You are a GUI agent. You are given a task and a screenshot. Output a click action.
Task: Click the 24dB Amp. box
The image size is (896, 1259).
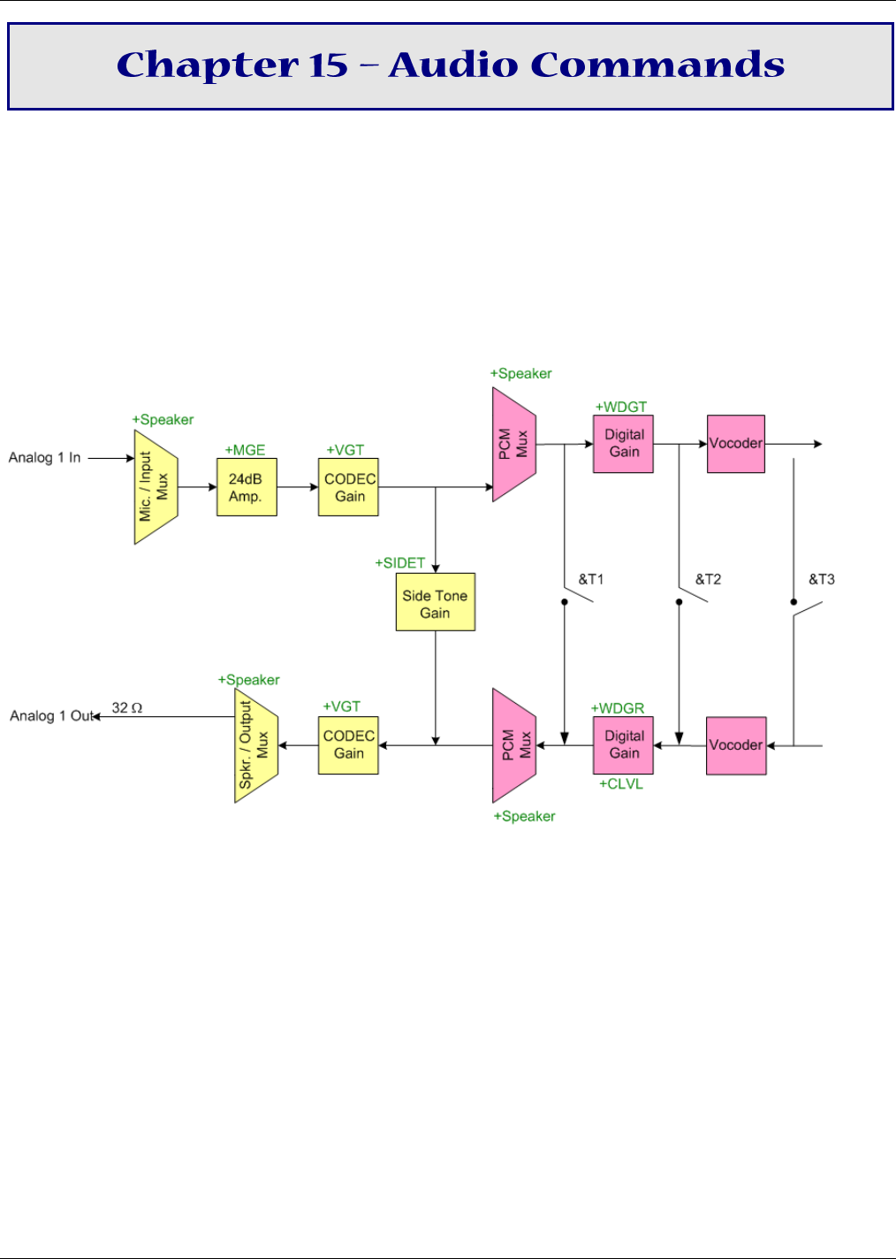pos(247,487)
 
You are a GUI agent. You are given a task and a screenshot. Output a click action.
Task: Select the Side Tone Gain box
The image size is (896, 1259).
pos(436,602)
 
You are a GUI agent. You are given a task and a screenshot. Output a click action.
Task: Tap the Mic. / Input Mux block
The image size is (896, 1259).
pos(156,487)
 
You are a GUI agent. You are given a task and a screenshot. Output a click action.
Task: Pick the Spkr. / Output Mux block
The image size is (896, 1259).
pos(256,745)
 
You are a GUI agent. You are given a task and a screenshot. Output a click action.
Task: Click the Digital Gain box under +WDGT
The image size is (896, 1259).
pos(623,444)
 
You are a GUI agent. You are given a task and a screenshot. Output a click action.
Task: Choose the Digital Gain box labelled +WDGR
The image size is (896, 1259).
pos(623,745)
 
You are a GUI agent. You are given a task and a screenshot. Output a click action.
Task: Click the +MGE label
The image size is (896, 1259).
pos(245,450)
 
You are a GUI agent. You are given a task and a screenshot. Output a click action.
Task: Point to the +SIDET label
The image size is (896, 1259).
pos(400,563)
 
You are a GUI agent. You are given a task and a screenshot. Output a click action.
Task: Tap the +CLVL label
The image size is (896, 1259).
pos(620,784)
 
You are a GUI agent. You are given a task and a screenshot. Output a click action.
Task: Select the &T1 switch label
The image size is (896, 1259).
pos(591,579)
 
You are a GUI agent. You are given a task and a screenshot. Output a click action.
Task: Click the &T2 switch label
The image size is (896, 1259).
pos(708,579)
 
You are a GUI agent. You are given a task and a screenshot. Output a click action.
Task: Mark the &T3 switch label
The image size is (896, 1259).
pos(821,579)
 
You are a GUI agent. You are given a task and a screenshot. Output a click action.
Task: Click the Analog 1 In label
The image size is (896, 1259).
pos(44,457)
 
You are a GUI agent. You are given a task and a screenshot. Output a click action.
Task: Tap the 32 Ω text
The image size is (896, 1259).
pos(127,707)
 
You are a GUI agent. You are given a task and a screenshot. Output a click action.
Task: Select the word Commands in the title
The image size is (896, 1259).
pos(657,65)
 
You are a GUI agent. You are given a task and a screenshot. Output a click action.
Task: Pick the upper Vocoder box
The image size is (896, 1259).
pos(736,444)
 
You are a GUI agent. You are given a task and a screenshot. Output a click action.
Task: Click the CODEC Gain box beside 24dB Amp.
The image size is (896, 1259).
pos(348,487)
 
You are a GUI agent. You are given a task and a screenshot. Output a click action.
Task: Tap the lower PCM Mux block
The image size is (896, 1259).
pos(514,745)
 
